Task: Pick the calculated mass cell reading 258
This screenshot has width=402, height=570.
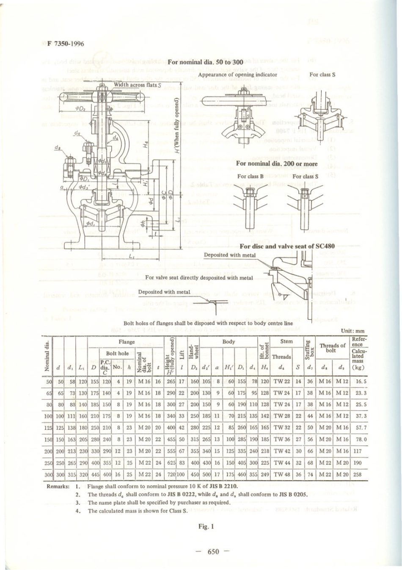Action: (358, 475)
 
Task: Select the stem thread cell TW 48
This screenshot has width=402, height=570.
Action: (281, 475)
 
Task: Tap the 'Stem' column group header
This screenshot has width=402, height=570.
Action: (286, 341)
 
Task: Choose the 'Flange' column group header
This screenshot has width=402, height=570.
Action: (127, 342)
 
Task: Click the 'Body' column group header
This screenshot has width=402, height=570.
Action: (229, 341)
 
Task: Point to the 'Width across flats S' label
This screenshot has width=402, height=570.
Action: (137, 85)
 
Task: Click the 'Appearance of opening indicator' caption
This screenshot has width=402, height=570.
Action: (237, 75)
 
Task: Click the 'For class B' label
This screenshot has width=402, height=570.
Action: (251, 176)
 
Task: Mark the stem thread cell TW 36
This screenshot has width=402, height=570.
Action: (281, 440)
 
